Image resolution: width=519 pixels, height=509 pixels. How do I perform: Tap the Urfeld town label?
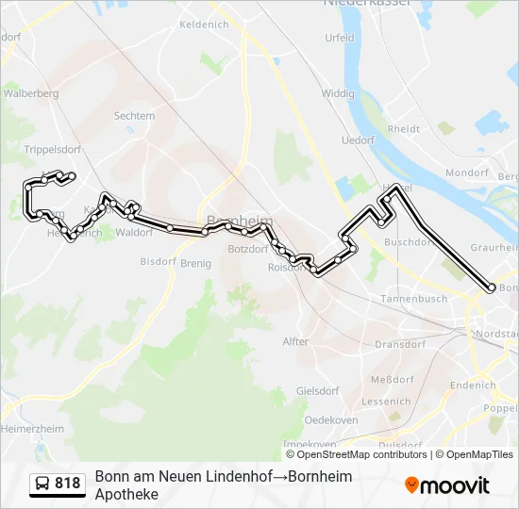[340, 39]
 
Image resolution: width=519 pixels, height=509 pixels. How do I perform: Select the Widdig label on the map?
[337, 93]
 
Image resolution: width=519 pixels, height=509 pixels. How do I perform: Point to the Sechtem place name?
[134, 116]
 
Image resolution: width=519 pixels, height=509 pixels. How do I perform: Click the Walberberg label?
[31, 93]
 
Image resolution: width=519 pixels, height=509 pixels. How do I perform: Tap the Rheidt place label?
[403, 129]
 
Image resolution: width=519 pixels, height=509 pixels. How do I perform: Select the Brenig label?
[195, 263]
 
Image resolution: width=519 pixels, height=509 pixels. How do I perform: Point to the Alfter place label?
[295, 341]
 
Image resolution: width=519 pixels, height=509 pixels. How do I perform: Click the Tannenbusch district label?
[413, 298]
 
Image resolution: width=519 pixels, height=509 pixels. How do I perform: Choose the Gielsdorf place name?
[317, 390]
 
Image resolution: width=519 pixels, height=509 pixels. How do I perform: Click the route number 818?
[67, 484]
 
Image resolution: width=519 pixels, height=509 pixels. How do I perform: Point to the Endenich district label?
[473, 385]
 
